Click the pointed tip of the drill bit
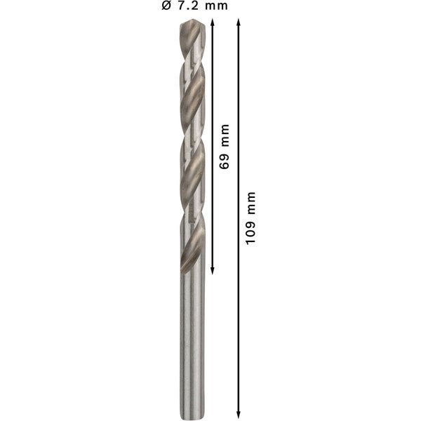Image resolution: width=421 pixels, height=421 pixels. click(x=192, y=21)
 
